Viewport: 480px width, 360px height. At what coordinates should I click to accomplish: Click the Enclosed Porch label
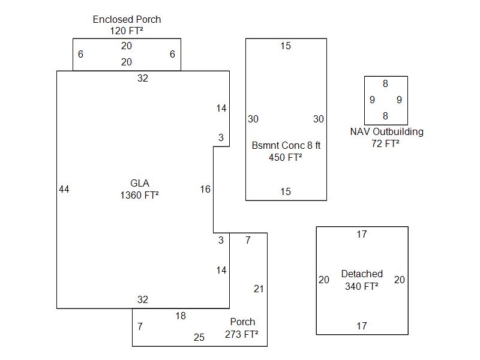click(127, 19)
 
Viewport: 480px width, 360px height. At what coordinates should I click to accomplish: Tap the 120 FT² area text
click(127, 31)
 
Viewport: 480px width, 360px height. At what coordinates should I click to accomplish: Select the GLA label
click(140, 183)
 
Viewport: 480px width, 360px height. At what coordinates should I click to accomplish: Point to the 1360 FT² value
click(140, 195)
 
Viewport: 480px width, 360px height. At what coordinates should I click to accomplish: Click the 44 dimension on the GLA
click(64, 190)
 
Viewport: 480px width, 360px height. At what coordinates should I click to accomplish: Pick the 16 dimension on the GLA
click(205, 190)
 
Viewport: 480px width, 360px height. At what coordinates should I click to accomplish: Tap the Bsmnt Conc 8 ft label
click(286, 145)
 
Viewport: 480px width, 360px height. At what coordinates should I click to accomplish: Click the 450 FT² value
click(286, 157)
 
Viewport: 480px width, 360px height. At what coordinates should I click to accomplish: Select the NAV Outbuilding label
click(386, 131)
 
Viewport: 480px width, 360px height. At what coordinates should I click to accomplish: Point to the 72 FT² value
click(386, 143)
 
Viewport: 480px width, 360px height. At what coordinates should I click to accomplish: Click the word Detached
click(362, 274)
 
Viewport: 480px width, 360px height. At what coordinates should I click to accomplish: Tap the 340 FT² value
click(362, 286)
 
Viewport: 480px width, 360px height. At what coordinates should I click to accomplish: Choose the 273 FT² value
click(242, 334)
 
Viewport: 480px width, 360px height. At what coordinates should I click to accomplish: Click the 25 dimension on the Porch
click(199, 338)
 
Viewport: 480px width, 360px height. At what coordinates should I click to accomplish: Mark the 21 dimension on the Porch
click(259, 289)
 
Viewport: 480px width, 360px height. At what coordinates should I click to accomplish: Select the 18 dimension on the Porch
click(181, 316)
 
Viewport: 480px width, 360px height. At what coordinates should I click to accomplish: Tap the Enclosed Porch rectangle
click(127, 54)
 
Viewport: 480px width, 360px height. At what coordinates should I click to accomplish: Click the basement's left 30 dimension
click(253, 119)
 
